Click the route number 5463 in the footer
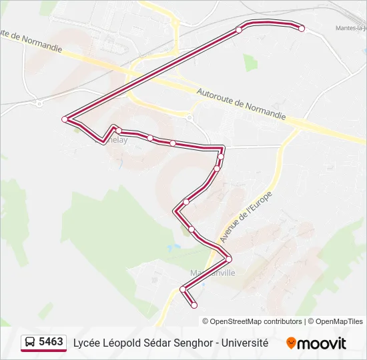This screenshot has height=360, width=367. pos(51,342)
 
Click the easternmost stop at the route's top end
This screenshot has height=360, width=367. pos(302,29)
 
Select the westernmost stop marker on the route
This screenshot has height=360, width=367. pos(65,119)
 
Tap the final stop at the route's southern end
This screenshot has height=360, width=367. pos(194,305)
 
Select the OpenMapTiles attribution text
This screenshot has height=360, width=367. pos(339,321)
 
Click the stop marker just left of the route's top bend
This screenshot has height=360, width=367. pos(239,30)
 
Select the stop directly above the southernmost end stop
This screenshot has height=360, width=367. pos(183,289)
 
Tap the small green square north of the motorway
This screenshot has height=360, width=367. pos(250,63)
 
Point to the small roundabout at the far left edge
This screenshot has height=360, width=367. pos(40,103)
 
